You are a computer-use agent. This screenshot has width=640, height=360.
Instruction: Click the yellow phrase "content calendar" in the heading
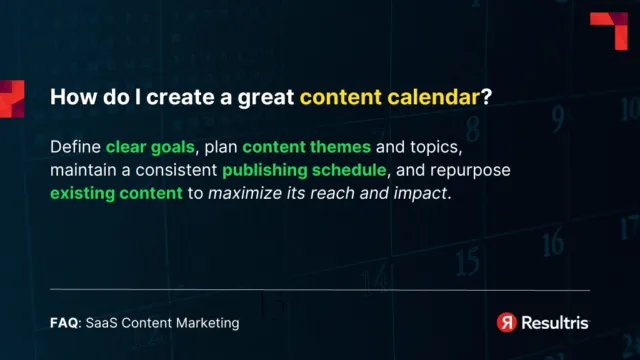point(388,99)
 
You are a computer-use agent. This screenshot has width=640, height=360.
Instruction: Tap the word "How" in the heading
point(70,99)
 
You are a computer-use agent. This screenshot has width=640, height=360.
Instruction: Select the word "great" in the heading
point(266,99)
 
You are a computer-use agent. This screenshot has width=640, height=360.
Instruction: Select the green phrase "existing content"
point(116,193)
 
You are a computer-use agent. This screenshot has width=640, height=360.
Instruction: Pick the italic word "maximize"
point(241,193)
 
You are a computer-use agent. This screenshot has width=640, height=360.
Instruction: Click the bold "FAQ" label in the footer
point(64,323)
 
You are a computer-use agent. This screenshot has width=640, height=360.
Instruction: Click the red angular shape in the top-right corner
point(607,29)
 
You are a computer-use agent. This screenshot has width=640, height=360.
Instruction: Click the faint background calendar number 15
point(466,261)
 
